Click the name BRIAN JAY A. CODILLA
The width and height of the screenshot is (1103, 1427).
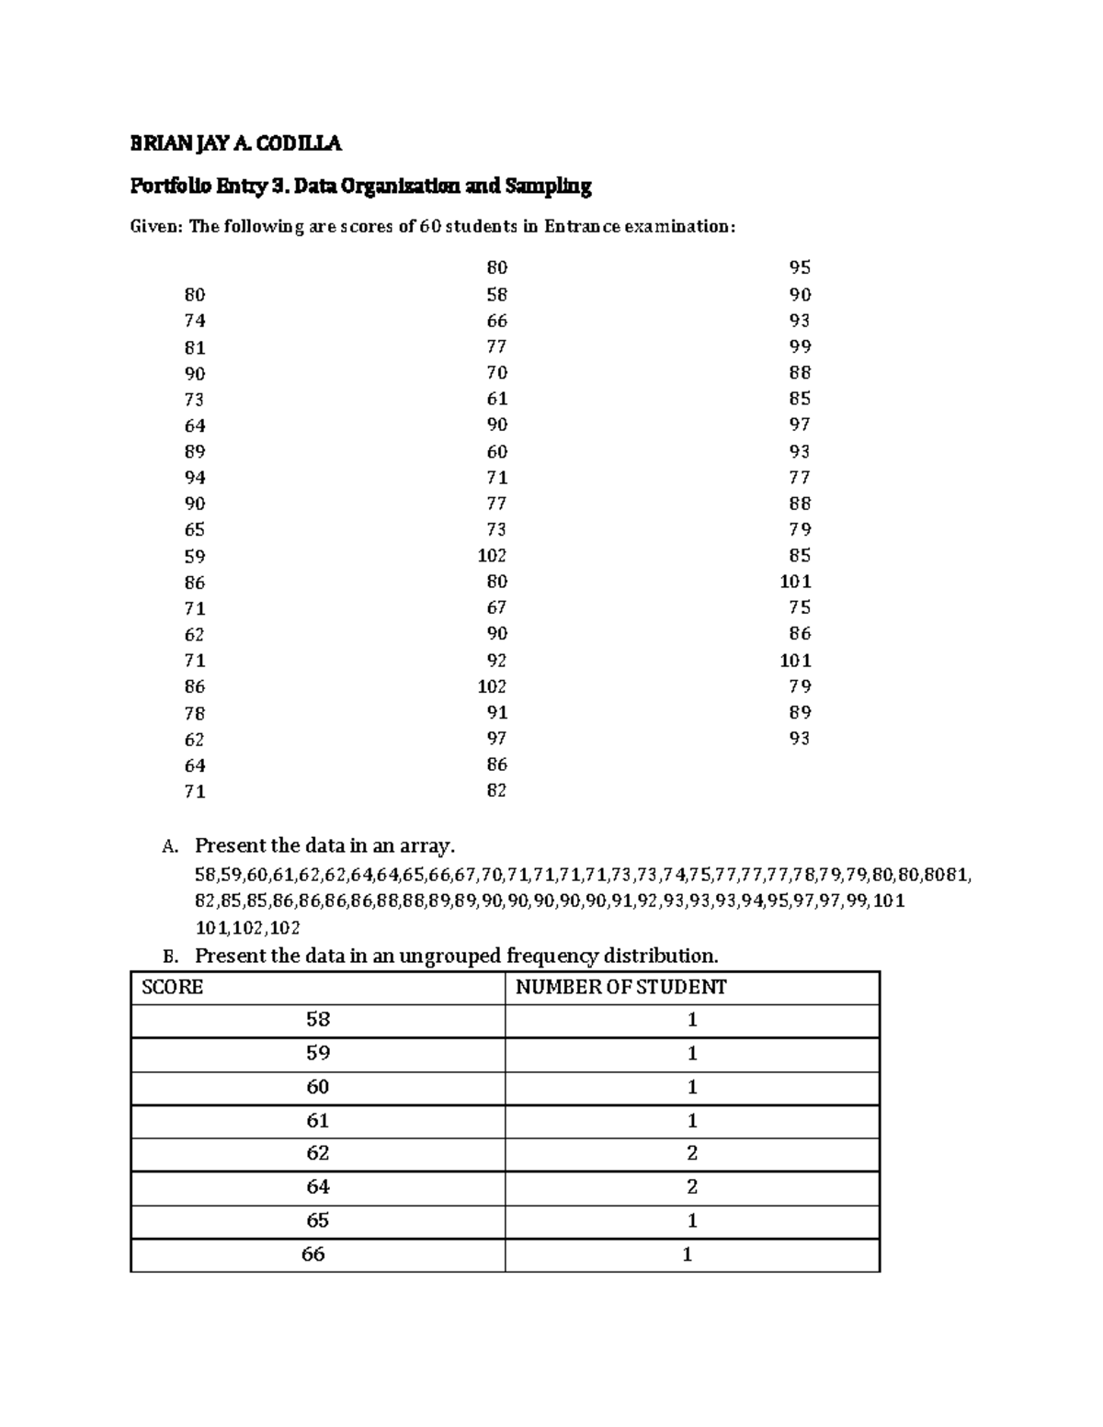(235, 142)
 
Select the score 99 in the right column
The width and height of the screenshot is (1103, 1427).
(800, 346)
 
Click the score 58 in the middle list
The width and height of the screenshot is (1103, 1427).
(496, 295)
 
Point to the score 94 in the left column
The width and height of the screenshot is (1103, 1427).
(195, 478)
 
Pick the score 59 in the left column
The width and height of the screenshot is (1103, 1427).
(195, 557)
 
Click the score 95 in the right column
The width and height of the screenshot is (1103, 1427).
(800, 267)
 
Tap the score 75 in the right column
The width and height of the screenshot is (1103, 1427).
(800, 607)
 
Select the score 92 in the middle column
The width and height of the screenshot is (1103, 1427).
(496, 661)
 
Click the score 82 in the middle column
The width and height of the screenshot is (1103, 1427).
(496, 790)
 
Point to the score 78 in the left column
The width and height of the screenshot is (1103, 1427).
(195, 713)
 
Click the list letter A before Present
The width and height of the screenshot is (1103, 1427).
(167, 846)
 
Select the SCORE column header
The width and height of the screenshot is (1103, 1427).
(172, 987)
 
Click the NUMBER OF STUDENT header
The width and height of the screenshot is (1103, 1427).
(620, 987)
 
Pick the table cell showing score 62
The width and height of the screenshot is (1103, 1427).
(318, 1153)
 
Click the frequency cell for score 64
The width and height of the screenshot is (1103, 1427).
(692, 1187)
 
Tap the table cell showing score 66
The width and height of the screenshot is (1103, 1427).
(313, 1254)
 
